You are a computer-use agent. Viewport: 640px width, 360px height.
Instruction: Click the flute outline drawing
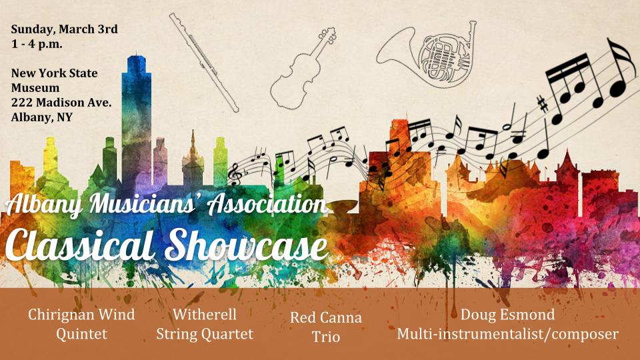[204, 62]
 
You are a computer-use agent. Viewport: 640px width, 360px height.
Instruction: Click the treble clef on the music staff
[235, 174]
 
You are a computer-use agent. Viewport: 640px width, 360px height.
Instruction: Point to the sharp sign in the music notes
[543, 104]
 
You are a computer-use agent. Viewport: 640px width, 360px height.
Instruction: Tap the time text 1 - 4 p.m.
[37, 44]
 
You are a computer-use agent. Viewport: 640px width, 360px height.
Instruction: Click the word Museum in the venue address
[35, 88]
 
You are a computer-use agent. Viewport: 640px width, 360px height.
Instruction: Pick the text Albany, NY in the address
[41, 117]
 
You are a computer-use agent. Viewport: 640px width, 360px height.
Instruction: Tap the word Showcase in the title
[247, 244]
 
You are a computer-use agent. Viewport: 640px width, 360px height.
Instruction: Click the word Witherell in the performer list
[205, 314]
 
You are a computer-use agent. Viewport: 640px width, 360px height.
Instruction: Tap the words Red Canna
[326, 317]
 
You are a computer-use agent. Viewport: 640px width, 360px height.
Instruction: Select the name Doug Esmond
[507, 315]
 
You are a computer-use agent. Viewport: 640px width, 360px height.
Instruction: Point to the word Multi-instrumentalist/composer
[508, 334]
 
